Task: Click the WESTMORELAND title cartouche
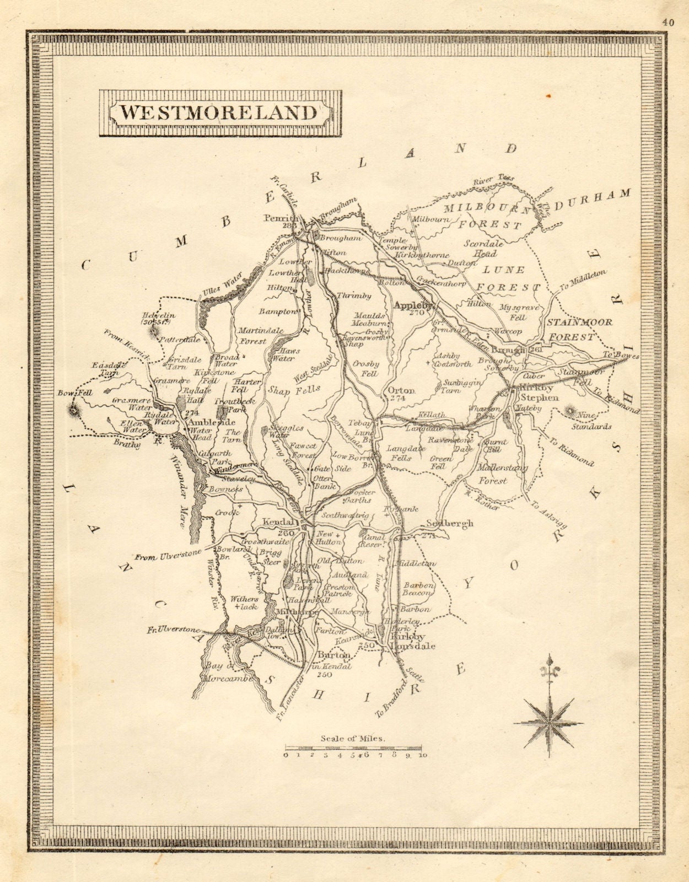point(219,112)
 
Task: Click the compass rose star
point(548,722)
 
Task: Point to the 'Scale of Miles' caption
point(353,738)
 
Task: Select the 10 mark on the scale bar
point(422,755)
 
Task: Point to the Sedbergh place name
point(450,524)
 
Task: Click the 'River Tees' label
point(493,180)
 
